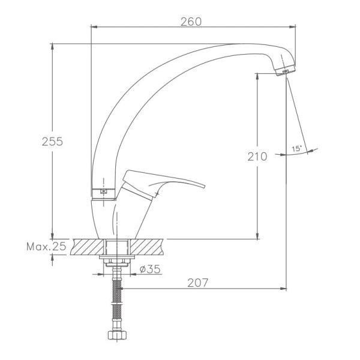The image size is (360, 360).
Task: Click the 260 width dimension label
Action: [191, 22]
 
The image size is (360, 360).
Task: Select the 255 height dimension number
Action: [52, 142]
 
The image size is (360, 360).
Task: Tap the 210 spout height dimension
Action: [257, 157]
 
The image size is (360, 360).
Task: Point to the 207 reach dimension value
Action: [197, 283]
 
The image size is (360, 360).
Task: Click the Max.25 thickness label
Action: [46, 247]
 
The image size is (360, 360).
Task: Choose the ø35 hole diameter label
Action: [150, 269]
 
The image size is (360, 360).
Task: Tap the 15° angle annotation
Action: [296, 149]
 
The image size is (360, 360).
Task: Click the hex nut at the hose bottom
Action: [117, 335]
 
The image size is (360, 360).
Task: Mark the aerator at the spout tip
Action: [286, 70]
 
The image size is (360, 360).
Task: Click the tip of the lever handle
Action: [205, 186]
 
